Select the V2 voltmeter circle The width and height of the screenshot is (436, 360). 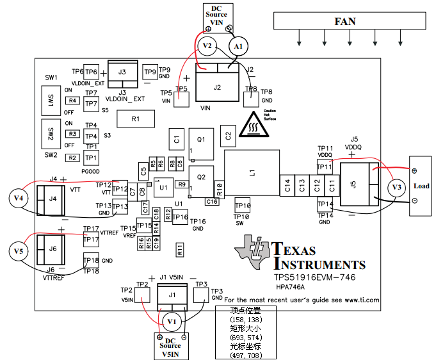[x=206, y=46]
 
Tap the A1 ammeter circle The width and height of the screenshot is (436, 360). [x=238, y=47]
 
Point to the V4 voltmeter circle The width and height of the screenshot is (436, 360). [x=18, y=199]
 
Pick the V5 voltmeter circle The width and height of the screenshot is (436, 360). [x=18, y=251]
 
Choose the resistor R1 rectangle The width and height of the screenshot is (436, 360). [x=135, y=119]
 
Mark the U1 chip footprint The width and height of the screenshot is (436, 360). [x=163, y=188]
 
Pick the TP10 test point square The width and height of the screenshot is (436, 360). [x=242, y=204]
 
